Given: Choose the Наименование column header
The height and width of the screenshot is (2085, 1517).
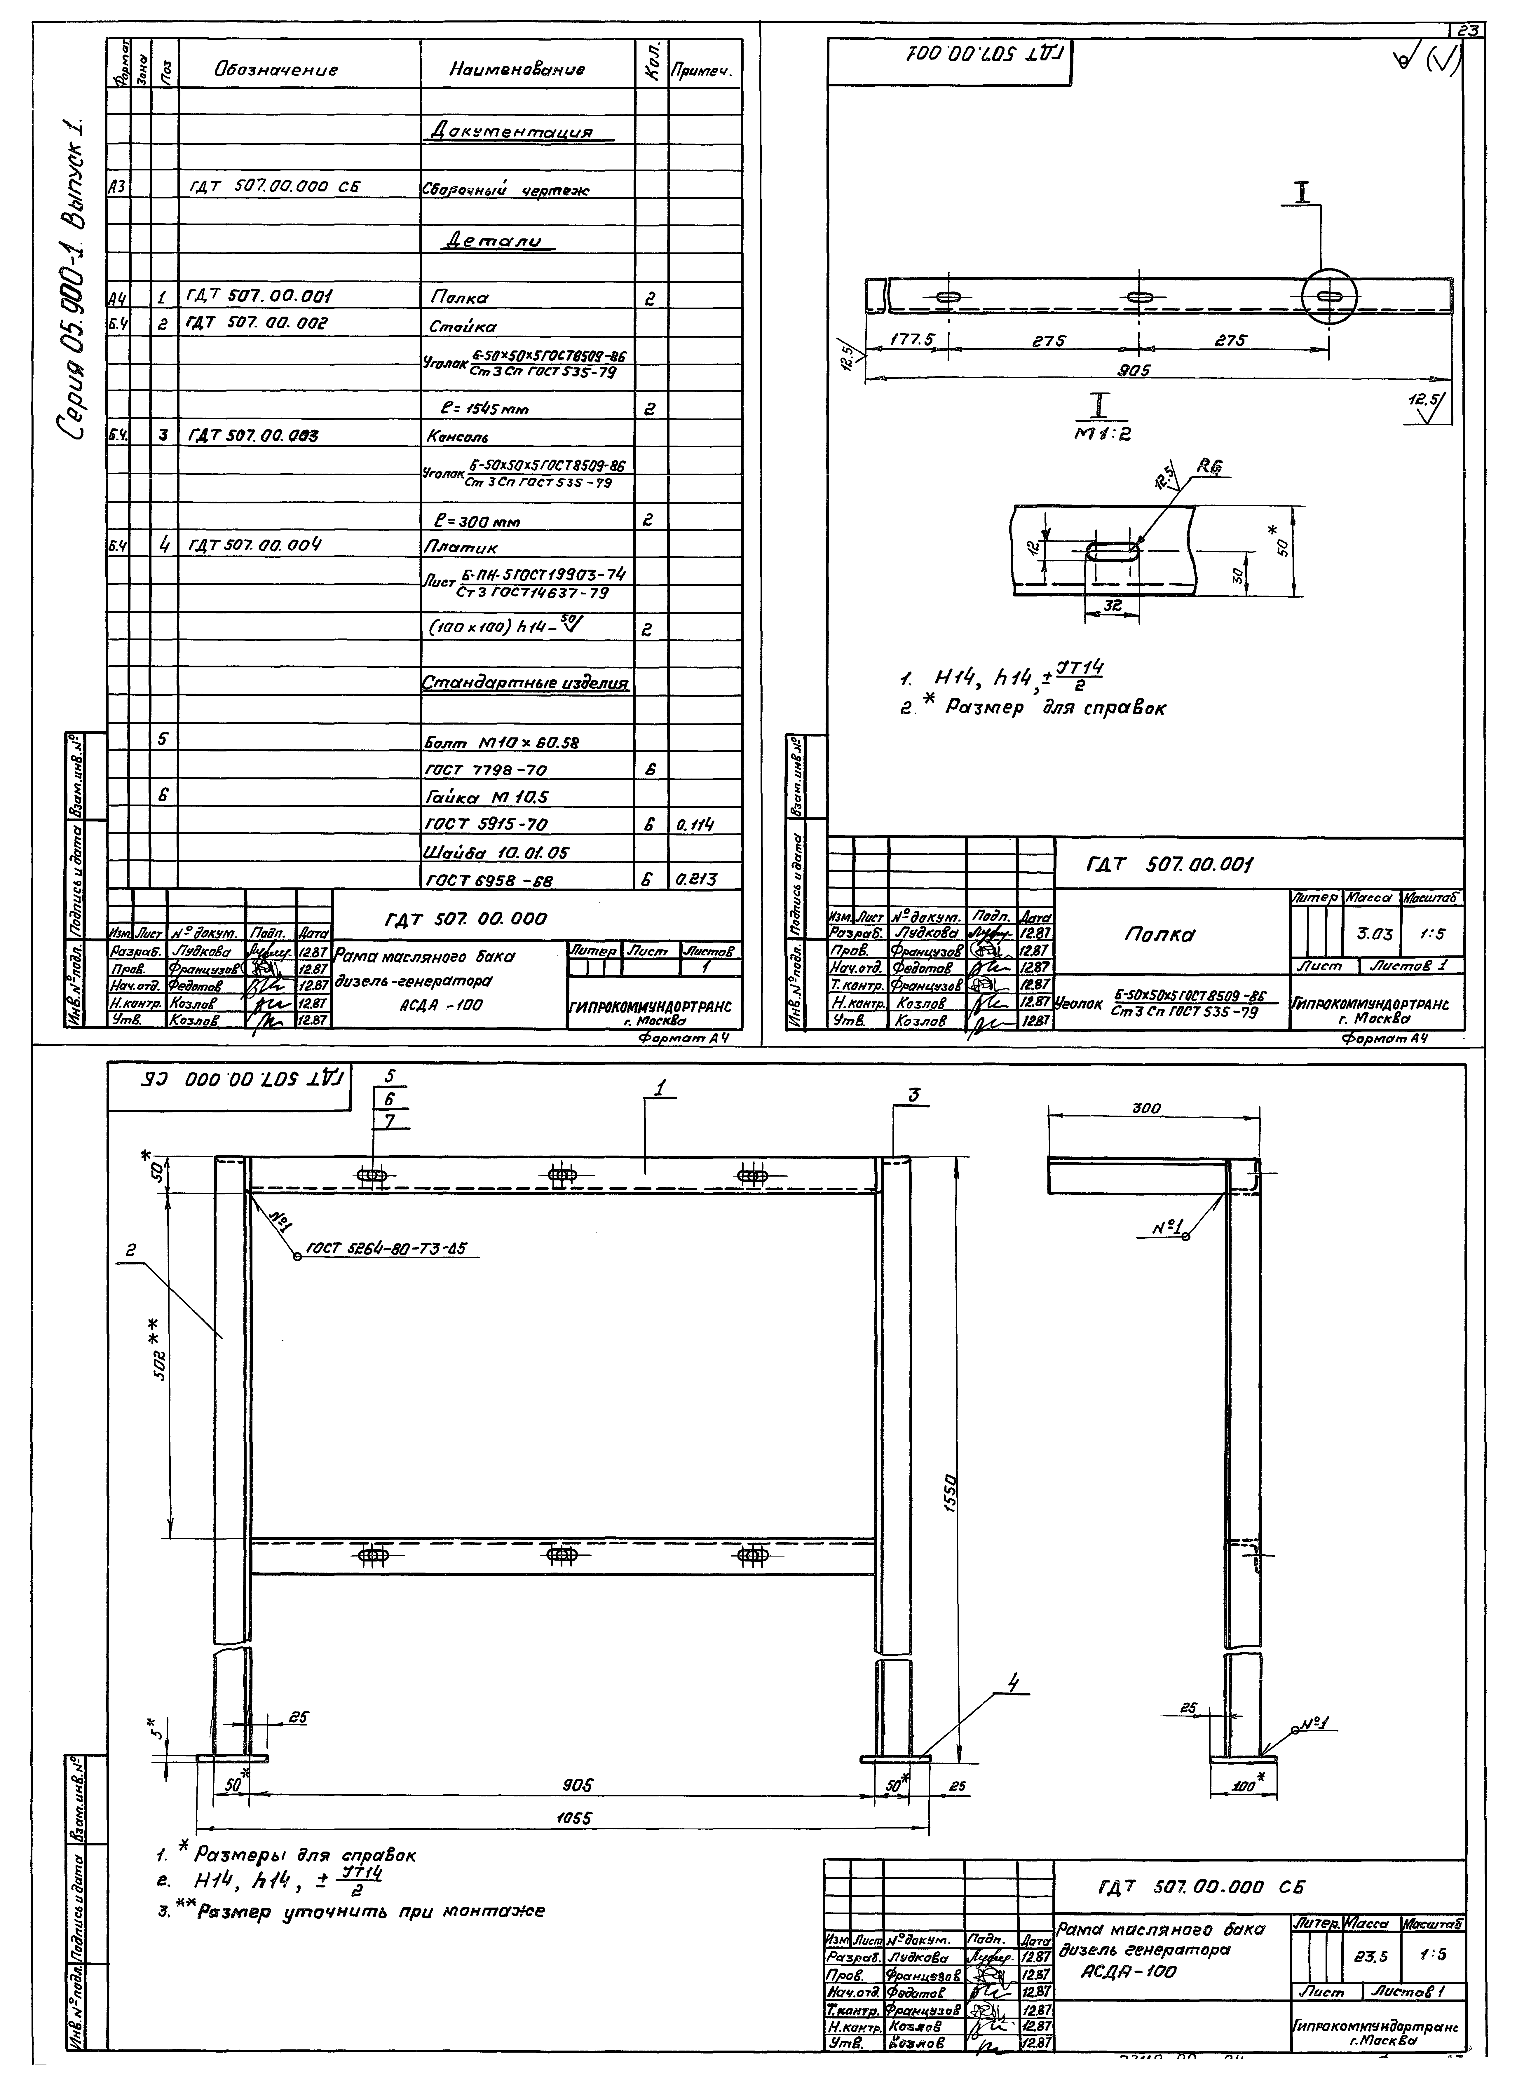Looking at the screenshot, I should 517,69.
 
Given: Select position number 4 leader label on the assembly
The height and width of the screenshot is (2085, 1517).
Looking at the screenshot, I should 1013,1683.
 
